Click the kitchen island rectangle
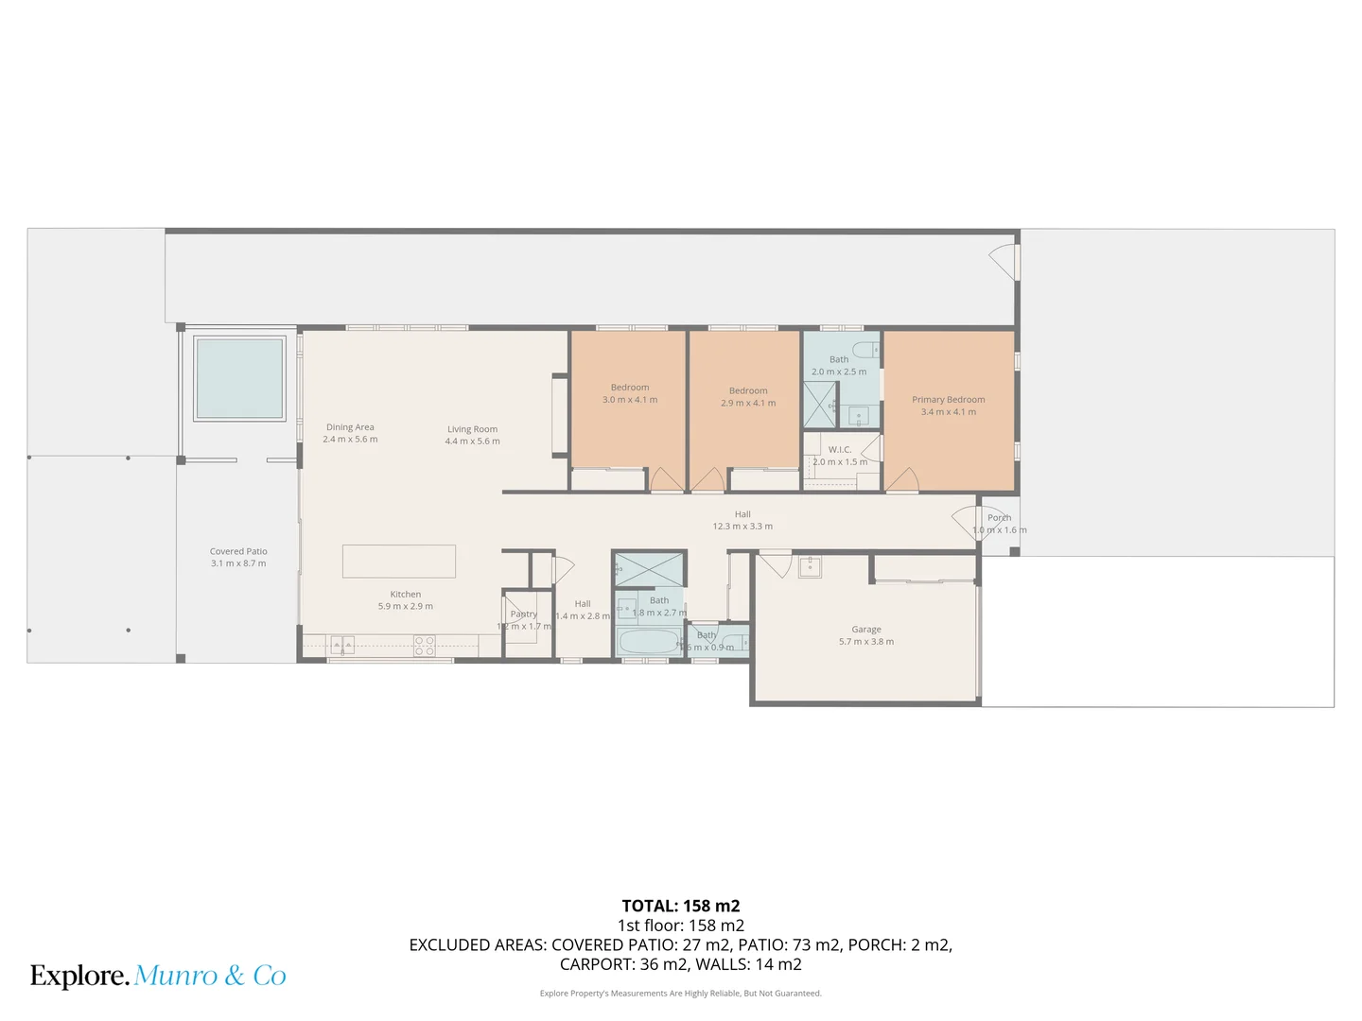pos(398,561)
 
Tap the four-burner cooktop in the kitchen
pos(425,646)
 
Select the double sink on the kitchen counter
pos(342,646)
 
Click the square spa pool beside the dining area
pos(239,378)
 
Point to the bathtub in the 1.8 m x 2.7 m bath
pos(649,643)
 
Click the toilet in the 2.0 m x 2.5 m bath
pos(867,349)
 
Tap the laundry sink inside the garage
pos(810,567)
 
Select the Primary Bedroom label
pos(948,400)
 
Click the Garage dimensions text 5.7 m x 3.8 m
pos(865,642)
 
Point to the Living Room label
pos(472,429)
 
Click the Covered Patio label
pos(238,551)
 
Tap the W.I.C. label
pos(839,450)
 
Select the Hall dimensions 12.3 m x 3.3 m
pos(742,527)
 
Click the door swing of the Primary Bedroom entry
pos(901,480)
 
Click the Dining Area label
pos(350,427)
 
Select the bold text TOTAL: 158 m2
pos(680,906)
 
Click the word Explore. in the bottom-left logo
pos(79,976)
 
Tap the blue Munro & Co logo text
pos(210,976)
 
